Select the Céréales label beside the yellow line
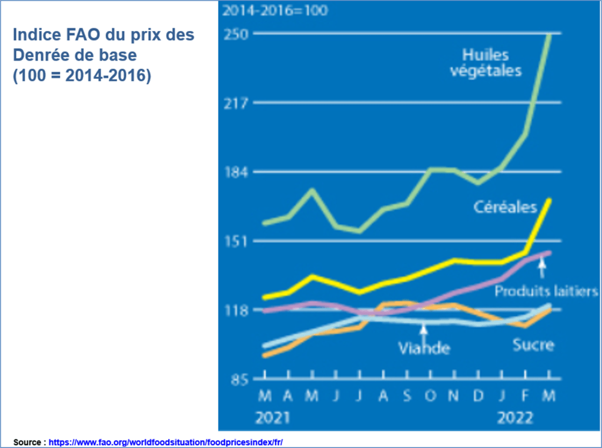(x=506, y=207)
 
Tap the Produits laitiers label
(x=546, y=291)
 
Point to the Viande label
(x=424, y=348)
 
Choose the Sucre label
(x=533, y=344)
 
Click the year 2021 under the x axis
(x=273, y=418)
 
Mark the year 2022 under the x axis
(x=515, y=418)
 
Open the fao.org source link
(x=170, y=442)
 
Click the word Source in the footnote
(x=27, y=442)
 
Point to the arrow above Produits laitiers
(x=542, y=269)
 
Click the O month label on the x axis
(x=429, y=396)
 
